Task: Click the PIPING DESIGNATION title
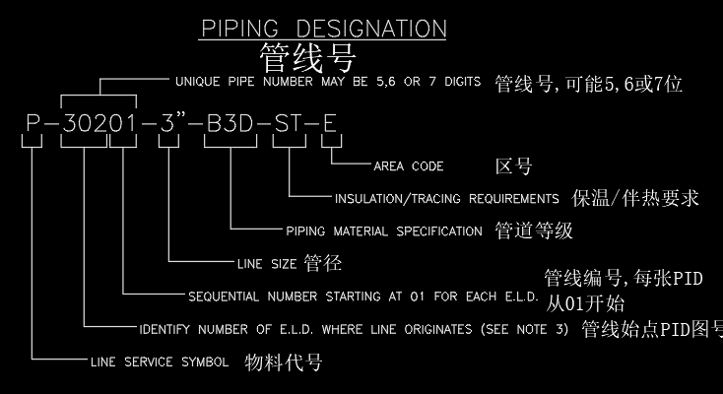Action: coord(323,28)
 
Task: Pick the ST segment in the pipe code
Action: coord(288,126)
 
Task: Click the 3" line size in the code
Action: coord(168,126)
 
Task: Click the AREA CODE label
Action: coord(408,166)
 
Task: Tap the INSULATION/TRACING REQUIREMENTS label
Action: coord(446,199)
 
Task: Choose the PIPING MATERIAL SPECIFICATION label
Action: coord(383,232)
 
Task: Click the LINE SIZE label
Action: coord(268,265)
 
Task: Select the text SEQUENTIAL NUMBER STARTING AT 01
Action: coord(326,296)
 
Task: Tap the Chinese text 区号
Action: coord(512,164)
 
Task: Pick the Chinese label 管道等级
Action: coord(533,231)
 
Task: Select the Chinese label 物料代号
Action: coord(283,361)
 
